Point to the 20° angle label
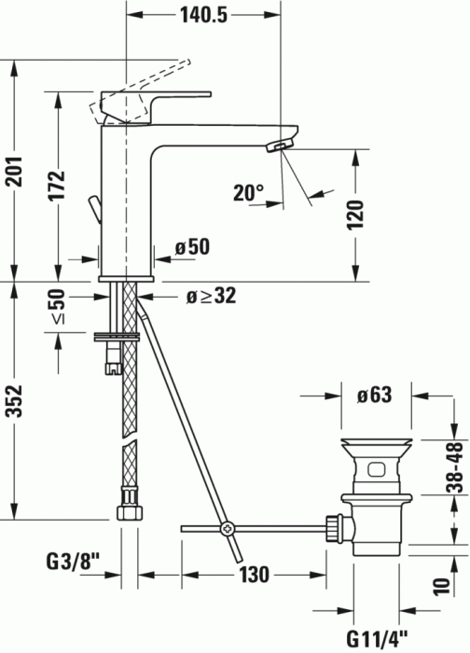(250, 193)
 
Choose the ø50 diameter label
(194, 248)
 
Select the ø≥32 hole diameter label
(210, 297)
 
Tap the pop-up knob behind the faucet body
(92, 208)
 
